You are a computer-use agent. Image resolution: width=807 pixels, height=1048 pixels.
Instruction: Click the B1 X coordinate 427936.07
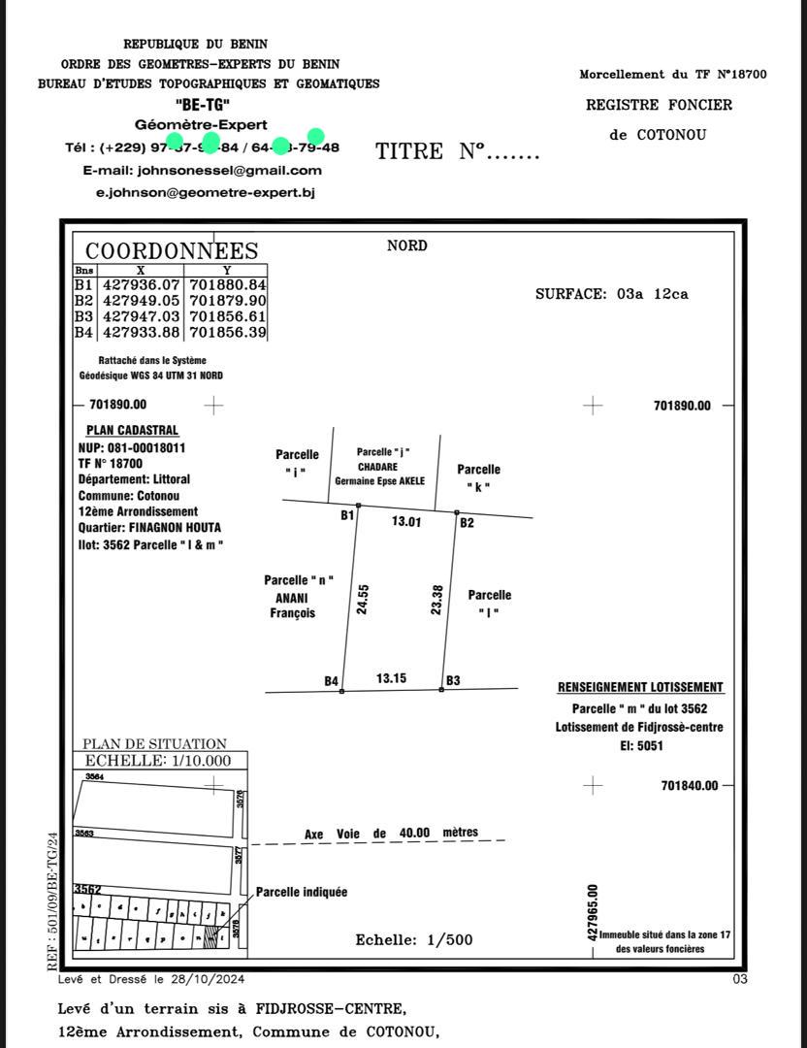tap(142, 285)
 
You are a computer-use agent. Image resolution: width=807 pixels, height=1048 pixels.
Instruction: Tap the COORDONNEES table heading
tap(172, 251)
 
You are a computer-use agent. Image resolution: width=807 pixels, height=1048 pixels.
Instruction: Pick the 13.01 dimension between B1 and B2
tap(406, 522)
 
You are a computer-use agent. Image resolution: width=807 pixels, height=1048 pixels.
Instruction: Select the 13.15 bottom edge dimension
tap(391, 678)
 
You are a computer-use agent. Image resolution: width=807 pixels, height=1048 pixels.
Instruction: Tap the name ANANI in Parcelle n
tap(292, 597)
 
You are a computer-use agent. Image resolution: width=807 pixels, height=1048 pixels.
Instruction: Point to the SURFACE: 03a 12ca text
tap(611, 294)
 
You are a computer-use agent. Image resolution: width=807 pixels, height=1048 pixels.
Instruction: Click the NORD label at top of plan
tap(406, 246)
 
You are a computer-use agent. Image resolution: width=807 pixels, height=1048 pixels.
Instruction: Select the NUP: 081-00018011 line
tap(132, 448)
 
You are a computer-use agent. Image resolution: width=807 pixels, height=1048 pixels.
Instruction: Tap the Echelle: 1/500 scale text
tap(414, 939)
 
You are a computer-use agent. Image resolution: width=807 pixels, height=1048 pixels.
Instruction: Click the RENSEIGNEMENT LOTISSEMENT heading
tap(640, 687)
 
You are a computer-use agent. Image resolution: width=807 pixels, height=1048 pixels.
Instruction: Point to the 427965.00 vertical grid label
tap(593, 911)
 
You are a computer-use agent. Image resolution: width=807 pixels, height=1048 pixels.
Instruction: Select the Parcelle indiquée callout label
tap(301, 892)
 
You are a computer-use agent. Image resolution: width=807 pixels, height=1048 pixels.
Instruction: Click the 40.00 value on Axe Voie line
tap(414, 833)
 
